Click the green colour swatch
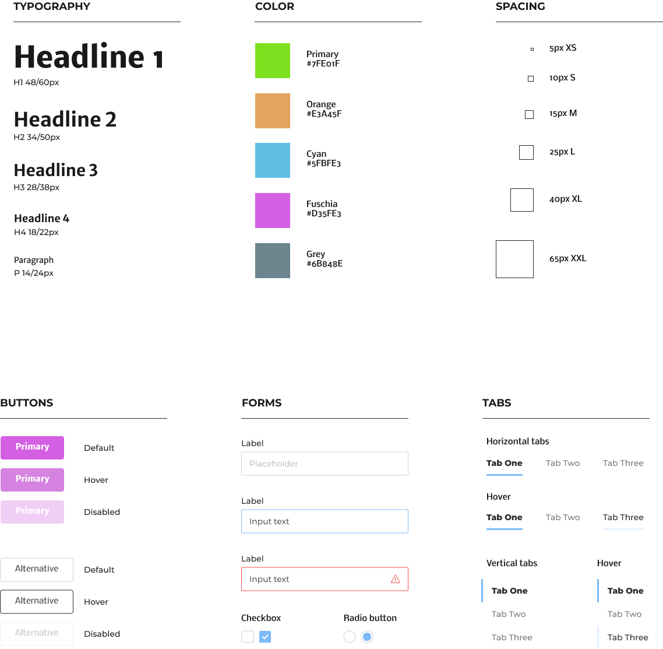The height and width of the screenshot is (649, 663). click(272, 61)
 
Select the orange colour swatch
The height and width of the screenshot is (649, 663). click(272, 111)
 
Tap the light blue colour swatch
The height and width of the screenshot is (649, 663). click(272, 160)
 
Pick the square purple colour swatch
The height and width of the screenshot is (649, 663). click(272, 211)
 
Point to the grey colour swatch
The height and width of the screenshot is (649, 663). click(272, 261)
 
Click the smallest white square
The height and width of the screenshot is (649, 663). click(532, 50)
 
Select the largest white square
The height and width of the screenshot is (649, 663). click(514, 259)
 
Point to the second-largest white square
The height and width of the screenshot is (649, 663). click(522, 200)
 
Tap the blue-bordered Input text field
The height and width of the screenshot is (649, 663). click(325, 521)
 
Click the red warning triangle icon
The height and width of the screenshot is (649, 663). click(396, 579)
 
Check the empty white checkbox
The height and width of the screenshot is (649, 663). click(248, 637)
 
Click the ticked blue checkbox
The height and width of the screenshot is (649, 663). click(265, 637)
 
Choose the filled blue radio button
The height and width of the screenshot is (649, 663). click(367, 637)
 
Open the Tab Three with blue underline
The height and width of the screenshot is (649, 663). click(623, 518)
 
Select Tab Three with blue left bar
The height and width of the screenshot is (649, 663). click(627, 637)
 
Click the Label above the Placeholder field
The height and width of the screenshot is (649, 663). click(252, 443)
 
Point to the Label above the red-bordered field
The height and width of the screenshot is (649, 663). click(252, 559)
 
